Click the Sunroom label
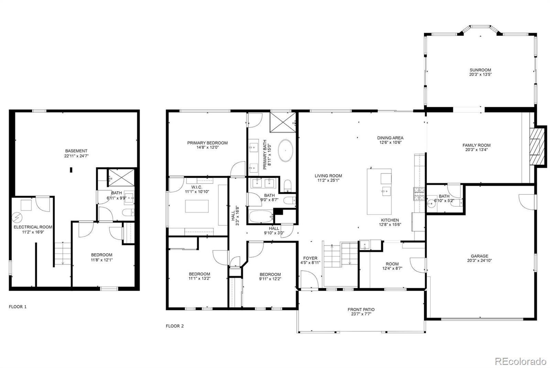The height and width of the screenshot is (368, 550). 480,70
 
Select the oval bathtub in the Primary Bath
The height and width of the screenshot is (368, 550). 285,151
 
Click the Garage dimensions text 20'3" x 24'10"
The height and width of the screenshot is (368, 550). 479,260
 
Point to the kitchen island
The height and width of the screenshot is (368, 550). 379,191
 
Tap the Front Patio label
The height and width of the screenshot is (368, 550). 361,309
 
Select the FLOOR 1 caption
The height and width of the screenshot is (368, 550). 18,306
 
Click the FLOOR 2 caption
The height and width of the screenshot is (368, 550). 175,326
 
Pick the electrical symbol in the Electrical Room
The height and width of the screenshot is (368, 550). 16,218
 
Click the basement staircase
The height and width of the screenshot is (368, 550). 62,253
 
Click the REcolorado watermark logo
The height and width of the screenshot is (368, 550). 520,361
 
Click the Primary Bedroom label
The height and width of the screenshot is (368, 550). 207,143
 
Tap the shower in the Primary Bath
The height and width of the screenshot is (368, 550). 280,122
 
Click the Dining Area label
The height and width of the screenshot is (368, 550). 390,138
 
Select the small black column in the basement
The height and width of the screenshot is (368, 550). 71,169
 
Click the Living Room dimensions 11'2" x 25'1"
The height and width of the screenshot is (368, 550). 328,180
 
